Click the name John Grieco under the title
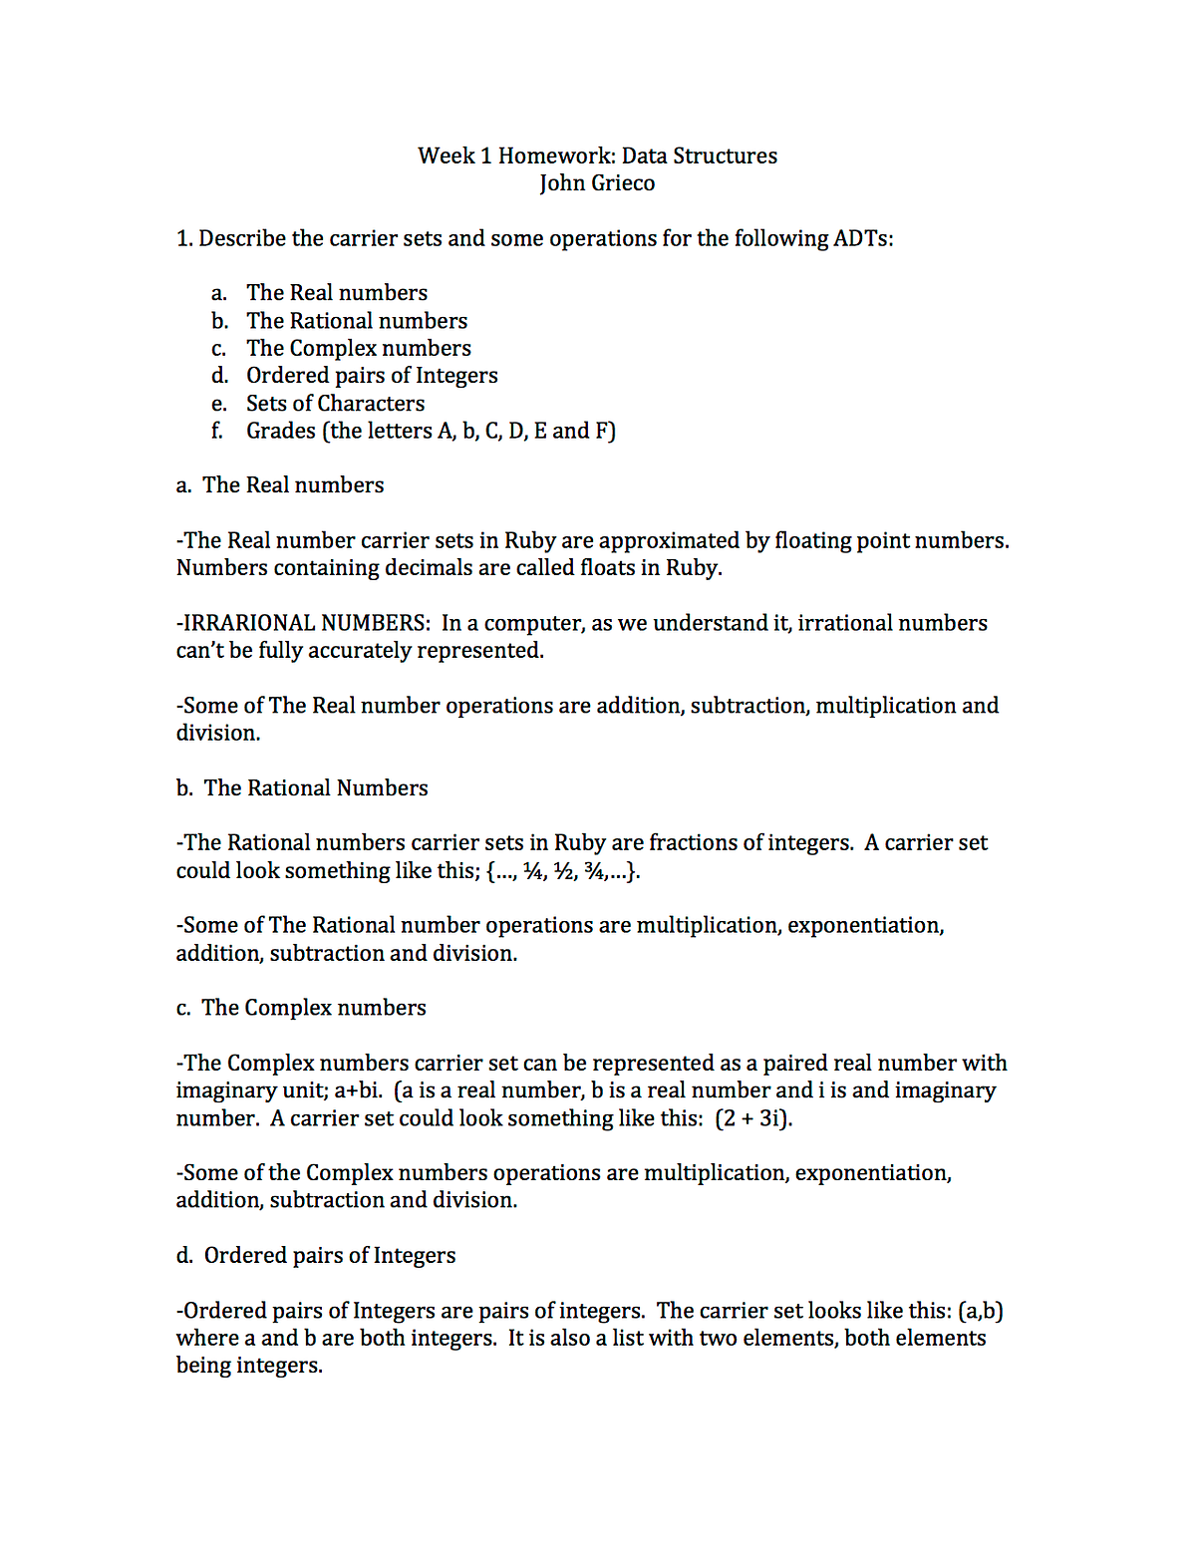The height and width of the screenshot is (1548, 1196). [597, 183]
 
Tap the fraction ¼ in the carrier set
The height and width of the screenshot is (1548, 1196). [534, 871]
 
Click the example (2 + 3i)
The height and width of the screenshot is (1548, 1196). [753, 1118]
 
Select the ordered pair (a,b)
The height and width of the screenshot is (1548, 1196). [980, 1311]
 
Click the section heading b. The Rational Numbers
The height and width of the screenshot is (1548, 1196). [302, 788]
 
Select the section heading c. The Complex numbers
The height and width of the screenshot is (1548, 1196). [301, 1008]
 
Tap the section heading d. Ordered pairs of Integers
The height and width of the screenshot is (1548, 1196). [316, 1256]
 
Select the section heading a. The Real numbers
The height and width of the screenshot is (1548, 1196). [280, 485]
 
